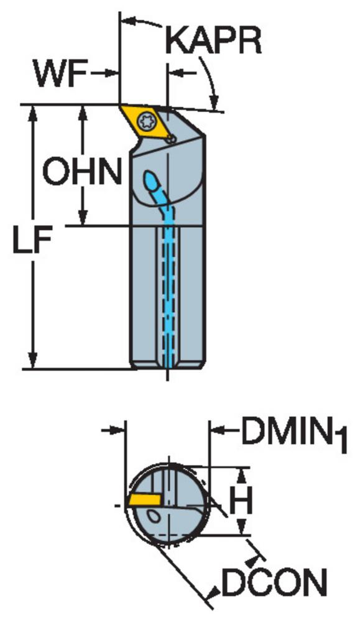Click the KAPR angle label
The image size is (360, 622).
pyautogui.click(x=213, y=40)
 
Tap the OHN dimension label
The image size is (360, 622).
pyautogui.click(x=82, y=171)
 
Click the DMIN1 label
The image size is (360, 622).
pyautogui.click(x=294, y=434)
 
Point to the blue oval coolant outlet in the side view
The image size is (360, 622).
pyautogui.click(x=152, y=182)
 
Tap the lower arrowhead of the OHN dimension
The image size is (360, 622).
pyautogui.click(x=83, y=216)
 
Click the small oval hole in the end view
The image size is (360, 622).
pyautogui.click(x=152, y=515)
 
